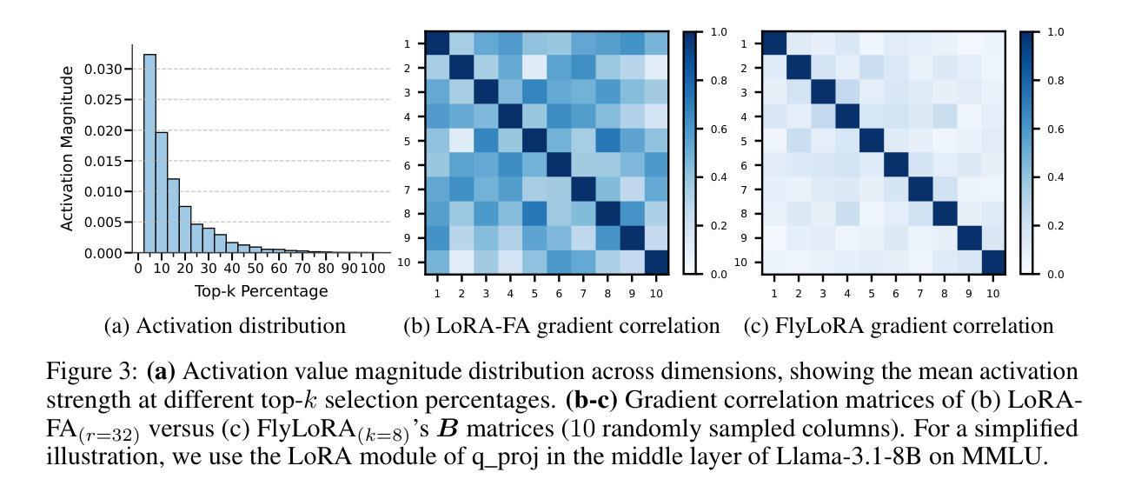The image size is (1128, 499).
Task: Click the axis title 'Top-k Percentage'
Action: pyautogui.click(x=261, y=291)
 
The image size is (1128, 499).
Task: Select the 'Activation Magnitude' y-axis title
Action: pyautogui.click(x=69, y=148)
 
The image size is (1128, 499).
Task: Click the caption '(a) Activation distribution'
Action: pyautogui.click(x=224, y=327)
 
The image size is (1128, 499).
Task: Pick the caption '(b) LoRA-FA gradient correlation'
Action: pyautogui.click(x=561, y=327)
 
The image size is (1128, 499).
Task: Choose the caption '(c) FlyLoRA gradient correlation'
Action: pyautogui.click(x=899, y=327)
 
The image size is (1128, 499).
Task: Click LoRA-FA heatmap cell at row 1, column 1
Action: pyautogui.click(x=438, y=43)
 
